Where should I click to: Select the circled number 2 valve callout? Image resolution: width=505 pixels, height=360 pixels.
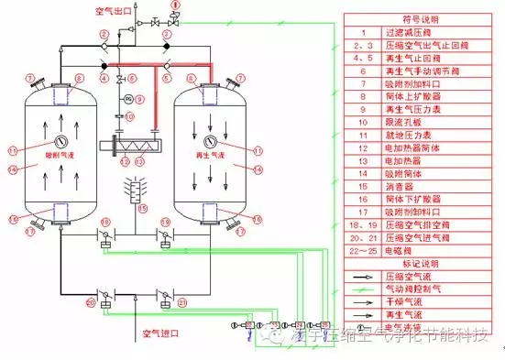[106, 35]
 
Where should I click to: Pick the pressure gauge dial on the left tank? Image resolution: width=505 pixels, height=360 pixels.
[60, 141]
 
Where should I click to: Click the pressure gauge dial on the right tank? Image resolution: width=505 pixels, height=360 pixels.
[210, 141]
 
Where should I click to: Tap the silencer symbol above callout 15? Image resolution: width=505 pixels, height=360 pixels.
[140, 191]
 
